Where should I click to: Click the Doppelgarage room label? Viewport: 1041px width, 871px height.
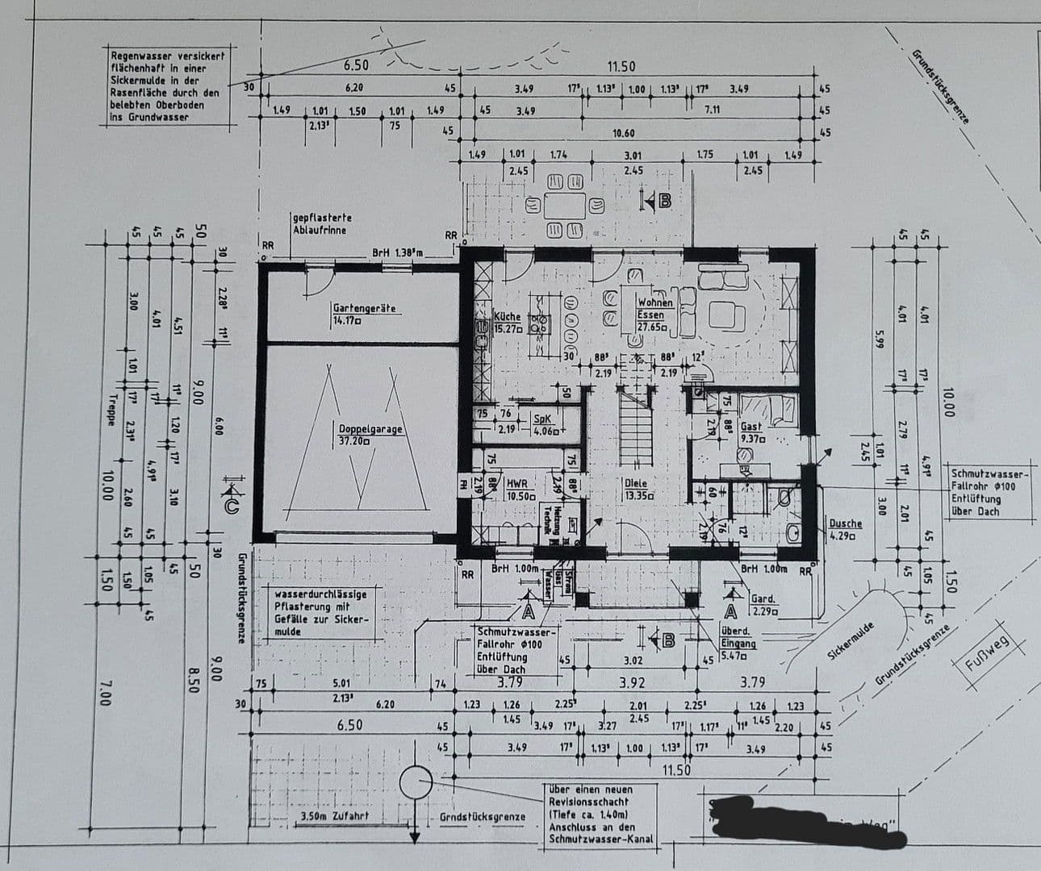click(370, 435)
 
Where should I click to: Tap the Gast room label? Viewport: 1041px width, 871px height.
click(752, 432)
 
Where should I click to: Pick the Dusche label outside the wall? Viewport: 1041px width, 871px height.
click(846, 529)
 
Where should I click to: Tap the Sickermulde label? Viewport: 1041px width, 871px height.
click(851, 642)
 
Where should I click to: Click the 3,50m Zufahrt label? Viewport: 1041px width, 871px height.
click(334, 816)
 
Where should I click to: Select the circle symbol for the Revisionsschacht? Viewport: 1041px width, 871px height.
click(416, 781)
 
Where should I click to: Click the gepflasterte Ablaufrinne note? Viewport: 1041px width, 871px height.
click(322, 224)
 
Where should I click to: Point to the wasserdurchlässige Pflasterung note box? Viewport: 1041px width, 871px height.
click(321, 612)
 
